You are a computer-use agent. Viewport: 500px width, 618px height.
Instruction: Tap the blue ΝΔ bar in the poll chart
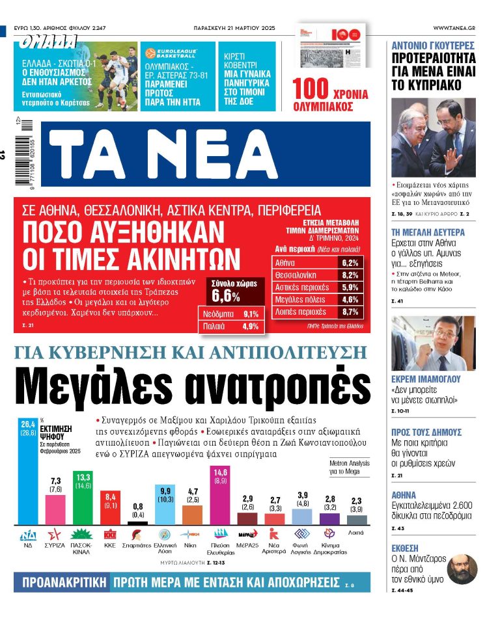[x=28, y=475]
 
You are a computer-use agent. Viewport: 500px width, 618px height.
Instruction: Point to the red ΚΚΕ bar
[x=111, y=507]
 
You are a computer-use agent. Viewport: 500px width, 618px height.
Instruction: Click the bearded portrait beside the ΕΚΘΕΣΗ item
[x=462, y=568]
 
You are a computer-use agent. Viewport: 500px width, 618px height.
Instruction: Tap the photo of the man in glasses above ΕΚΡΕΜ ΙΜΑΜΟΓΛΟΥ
[x=433, y=343]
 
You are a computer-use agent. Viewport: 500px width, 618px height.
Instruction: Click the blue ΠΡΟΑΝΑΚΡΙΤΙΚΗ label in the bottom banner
[x=61, y=582]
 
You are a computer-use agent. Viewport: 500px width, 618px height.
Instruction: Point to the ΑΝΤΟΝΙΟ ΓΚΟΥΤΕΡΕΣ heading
[x=433, y=46]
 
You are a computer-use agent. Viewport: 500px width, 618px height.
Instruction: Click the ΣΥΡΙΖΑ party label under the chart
[x=55, y=545]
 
